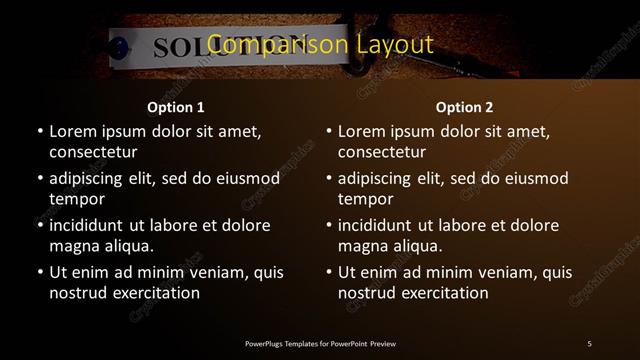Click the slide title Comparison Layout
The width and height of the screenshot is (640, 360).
[x=320, y=45]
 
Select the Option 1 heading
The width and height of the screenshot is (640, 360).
[x=176, y=107]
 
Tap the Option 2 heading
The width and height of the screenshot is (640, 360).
[x=465, y=107]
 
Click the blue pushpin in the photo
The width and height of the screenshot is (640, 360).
[x=120, y=47]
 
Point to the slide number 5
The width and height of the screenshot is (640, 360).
[x=589, y=344]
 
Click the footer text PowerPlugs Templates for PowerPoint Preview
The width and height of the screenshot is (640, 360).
[x=320, y=344]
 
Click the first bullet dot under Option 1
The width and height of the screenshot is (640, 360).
[x=40, y=132]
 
